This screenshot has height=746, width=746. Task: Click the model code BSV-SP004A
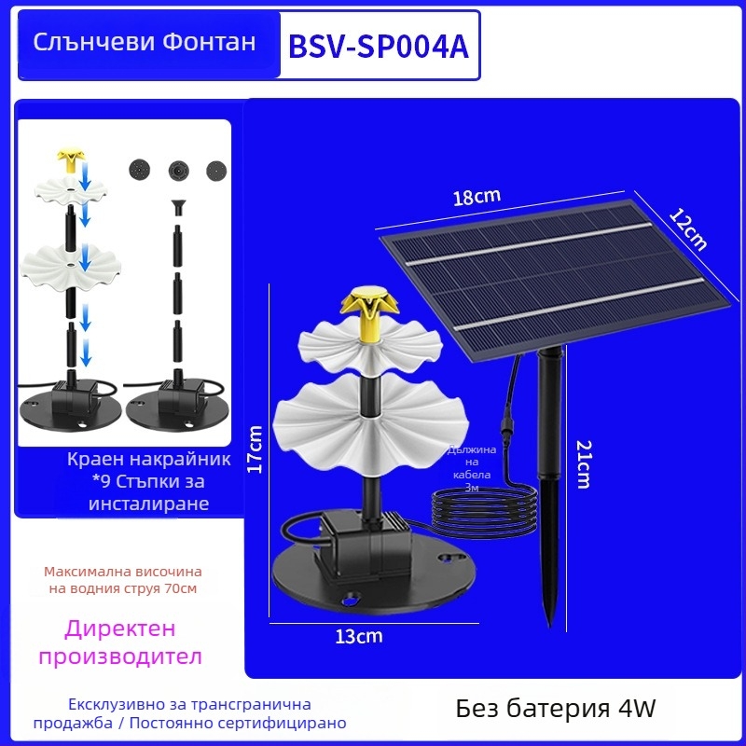(379, 47)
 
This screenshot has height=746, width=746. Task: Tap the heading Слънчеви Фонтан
(145, 42)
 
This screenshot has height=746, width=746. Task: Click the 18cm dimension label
(477, 197)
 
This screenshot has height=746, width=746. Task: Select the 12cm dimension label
(688, 229)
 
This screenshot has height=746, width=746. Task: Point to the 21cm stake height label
(584, 464)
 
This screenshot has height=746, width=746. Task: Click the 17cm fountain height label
(255, 449)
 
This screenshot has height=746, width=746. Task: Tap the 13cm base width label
(359, 636)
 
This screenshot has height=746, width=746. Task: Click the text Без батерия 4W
(556, 709)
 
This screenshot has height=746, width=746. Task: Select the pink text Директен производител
(120, 642)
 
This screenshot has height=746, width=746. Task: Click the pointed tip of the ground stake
(550, 627)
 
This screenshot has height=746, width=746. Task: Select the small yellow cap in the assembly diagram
(71, 160)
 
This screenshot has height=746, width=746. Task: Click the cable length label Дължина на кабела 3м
(471, 468)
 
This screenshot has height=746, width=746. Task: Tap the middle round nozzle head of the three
(178, 171)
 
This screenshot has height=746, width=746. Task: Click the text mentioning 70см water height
(123, 580)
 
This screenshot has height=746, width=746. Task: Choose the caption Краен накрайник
(149, 460)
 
